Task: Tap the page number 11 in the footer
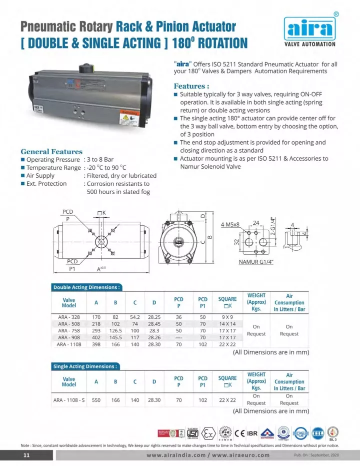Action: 27,455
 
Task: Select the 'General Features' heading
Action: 51,151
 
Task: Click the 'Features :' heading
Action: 191,86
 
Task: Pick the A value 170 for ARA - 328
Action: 96,317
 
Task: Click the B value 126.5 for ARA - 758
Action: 115,330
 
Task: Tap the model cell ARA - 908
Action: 68,337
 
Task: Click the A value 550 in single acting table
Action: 96,400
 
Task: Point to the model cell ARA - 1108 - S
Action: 69,400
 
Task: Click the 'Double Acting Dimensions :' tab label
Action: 86,287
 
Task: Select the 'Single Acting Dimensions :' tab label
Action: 85,366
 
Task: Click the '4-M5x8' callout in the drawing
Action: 230,224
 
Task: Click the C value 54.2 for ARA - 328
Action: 135,317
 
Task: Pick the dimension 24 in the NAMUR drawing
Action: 255,223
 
